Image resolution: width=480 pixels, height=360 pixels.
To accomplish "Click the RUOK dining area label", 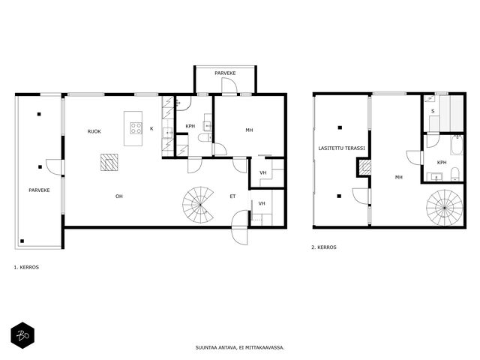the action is tap(94, 132).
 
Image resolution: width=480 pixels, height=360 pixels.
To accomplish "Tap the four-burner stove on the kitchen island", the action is tap(136, 128).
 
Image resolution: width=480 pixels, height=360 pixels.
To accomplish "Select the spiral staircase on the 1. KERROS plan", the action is tap(198, 205).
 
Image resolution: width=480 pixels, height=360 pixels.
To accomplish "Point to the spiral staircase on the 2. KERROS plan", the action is tap(445, 208).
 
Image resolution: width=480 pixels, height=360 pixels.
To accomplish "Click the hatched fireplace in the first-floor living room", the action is tap(109, 162).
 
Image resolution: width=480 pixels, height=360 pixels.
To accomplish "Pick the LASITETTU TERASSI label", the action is tap(341, 148).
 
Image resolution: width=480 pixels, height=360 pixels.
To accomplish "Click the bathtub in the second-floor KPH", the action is tap(457, 145).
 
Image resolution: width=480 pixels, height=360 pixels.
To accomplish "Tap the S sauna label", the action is tap(433, 112).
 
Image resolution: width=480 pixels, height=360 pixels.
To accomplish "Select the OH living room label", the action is tap(119, 196).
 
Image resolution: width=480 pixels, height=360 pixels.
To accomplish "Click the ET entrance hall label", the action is tap(232, 196).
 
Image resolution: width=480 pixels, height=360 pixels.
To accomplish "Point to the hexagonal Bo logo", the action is tap(22, 335).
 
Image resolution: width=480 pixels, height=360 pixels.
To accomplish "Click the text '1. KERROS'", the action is tap(26, 267).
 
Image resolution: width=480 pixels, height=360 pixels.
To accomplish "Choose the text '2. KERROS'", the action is tap(324, 247).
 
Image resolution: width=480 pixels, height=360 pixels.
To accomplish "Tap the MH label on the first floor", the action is tap(249, 130).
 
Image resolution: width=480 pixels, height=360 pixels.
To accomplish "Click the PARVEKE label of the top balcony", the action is tap(225, 73).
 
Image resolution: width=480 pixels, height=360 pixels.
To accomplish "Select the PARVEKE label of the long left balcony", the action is tap(39, 190).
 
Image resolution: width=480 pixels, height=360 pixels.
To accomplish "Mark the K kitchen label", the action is tap(151, 128).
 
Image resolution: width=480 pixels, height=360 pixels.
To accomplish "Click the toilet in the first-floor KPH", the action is tap(205, 138).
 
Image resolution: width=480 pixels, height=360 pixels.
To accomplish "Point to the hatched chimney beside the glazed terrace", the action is tap(364, 167).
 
